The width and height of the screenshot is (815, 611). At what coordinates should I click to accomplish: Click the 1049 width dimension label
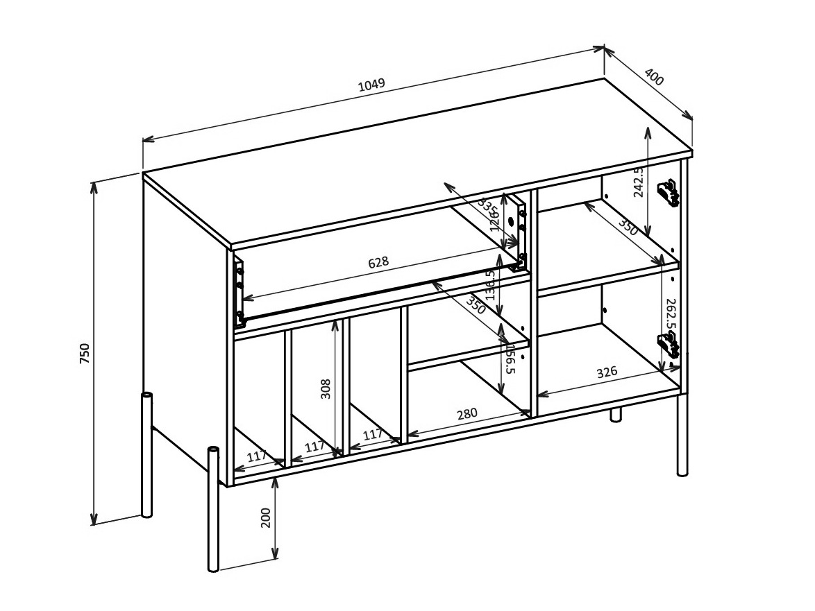371,85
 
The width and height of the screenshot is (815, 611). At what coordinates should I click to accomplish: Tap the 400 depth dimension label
654,77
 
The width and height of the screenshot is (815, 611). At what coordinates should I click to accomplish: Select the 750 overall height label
85,354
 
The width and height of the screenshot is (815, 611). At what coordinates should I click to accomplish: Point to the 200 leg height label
266,517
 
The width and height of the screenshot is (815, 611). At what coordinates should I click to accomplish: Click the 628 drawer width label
378,263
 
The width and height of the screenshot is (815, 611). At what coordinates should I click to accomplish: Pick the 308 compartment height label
326,388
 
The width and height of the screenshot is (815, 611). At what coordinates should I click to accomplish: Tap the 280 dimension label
467,414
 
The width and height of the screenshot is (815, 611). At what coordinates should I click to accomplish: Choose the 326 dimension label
607,372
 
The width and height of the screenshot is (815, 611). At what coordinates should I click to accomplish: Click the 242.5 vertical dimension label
639,182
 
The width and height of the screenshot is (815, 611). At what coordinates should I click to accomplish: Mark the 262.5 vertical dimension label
670,314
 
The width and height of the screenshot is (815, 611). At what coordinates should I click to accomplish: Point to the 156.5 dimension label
510,359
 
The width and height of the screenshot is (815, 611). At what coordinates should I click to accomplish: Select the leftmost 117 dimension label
257,456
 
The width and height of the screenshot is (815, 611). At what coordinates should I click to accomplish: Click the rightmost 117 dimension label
373,435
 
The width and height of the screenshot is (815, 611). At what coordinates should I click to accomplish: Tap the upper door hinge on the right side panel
668,193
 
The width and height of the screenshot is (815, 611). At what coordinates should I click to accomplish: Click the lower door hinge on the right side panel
668,345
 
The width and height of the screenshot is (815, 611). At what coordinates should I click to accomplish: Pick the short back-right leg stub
615,415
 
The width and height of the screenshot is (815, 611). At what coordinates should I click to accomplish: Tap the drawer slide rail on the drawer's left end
239,291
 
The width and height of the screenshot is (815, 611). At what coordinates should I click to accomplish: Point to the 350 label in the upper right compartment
628,228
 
